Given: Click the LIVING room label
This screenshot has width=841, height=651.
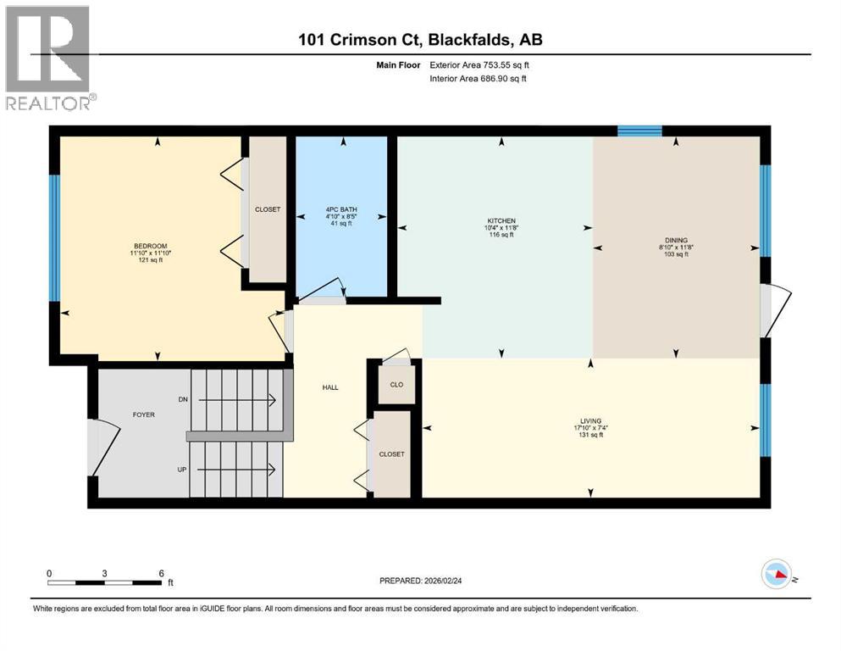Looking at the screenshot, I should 590,421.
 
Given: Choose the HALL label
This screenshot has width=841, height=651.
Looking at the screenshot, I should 330,387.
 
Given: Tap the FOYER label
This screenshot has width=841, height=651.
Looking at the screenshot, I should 142,415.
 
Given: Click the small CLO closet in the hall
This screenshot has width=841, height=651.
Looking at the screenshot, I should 396,382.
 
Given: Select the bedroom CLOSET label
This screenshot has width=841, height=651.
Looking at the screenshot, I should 268,209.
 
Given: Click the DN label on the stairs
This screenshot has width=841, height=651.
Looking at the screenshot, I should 183,398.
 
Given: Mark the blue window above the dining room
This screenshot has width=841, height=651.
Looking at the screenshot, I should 639,131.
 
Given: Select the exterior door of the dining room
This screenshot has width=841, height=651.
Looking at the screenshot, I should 775,309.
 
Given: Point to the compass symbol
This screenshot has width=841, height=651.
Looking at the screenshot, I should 777,575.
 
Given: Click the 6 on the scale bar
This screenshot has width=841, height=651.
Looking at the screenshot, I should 160,573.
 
